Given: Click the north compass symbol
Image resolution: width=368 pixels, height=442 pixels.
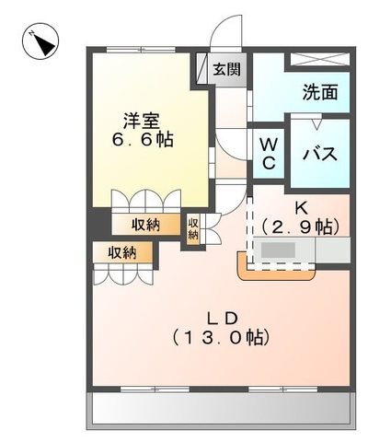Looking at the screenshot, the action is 40,42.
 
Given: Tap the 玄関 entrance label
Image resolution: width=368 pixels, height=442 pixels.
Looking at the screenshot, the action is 226,69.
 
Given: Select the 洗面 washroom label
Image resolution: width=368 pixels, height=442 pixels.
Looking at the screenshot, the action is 320,92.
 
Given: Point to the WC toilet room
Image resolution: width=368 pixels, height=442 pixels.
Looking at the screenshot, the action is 269,153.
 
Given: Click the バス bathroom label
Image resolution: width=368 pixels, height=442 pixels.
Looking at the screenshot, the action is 320,154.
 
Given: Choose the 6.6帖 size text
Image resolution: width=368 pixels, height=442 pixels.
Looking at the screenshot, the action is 143,140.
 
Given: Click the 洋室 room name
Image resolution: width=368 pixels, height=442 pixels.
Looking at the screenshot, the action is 142,122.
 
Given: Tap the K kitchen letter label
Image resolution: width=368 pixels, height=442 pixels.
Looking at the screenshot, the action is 301,209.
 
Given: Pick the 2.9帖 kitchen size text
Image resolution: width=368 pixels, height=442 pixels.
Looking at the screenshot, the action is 301,227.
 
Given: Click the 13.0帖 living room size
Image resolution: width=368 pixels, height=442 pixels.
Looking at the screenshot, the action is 221,338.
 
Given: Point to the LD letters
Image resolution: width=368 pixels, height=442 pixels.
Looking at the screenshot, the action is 223,319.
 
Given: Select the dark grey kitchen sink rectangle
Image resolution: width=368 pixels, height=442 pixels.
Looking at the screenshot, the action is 278,250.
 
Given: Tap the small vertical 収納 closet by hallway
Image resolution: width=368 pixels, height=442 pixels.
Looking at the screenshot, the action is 193,228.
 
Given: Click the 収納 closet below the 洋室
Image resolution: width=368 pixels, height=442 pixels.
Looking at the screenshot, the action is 146,225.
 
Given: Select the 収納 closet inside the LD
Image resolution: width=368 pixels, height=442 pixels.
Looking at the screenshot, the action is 122,252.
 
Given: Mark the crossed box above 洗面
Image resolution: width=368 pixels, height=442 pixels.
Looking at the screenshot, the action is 319,60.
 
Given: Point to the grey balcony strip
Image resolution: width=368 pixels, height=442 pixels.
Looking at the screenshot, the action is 221,408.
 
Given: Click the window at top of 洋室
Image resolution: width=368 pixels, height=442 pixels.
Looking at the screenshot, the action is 142,50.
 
